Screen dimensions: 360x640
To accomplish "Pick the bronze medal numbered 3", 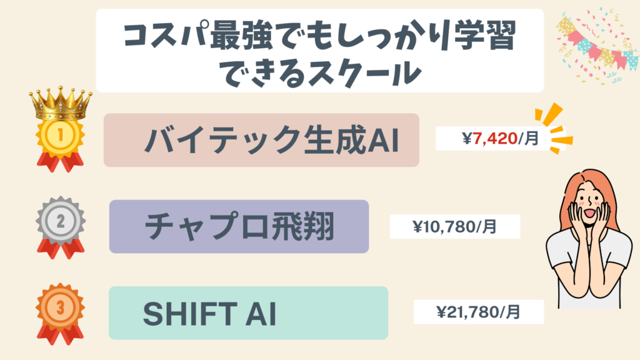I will coord(61,308).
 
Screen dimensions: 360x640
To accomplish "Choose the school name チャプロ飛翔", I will coord(239,227).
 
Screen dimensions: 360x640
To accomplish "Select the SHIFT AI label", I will coord(209,313).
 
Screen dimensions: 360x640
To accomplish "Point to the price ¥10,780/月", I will coord(455,226).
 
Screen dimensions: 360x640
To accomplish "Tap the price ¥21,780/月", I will coord(478,311).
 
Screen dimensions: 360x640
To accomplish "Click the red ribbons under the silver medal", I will coord(61,247).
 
